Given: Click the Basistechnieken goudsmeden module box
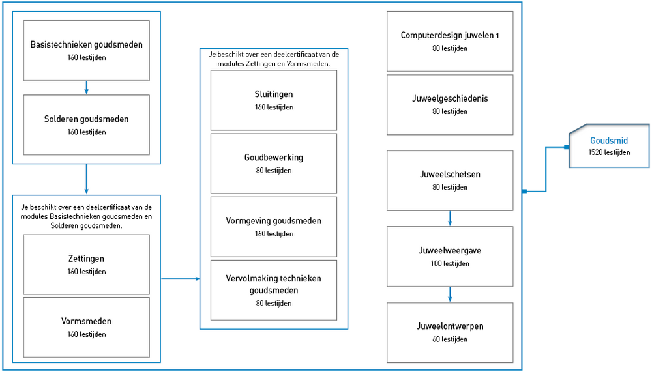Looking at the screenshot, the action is click(87, 51).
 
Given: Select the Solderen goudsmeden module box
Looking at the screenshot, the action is click(87, 124).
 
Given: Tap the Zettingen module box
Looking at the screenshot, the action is click(87, 265).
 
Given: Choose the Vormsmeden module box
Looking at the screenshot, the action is click(87, 327).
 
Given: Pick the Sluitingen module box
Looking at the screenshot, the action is click(274, 100).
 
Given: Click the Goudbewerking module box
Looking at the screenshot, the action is click(274, 164).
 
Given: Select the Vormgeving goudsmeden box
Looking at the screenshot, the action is click(274, 227).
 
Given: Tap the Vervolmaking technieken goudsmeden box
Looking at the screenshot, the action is click(274, 290).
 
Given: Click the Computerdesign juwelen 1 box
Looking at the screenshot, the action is click(450, 41).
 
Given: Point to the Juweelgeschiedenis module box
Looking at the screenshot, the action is click(450, 105).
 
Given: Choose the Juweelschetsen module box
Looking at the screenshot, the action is click(450, 180).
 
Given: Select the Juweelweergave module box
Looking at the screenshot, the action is click(450, 257).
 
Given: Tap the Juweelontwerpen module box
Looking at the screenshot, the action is click(450, 332).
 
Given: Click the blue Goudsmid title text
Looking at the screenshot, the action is click(609, 141).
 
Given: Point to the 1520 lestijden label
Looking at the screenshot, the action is click(609, 152).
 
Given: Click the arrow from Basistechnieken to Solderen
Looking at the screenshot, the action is click(87, 88).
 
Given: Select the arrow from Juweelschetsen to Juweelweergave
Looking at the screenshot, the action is click(450, 219).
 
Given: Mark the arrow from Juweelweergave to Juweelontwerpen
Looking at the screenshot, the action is click(450, 294).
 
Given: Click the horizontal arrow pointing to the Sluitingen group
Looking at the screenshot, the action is click(181, 278).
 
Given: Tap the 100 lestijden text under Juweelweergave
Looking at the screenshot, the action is click(450, 263).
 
